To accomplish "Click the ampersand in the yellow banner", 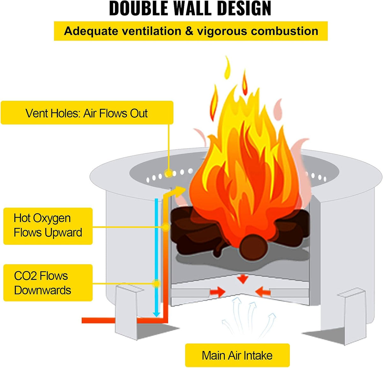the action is tap(189, 31).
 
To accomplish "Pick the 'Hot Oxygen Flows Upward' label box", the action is tap(48, 226).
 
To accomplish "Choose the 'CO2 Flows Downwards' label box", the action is tap(48, 283).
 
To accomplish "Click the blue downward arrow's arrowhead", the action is tap(156, 314).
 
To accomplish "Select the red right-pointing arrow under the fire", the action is tap(217, 291).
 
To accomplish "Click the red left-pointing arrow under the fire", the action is tap(263, 291).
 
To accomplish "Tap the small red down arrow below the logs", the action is tap(243, 279).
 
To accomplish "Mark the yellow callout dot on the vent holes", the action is tap(168, 173).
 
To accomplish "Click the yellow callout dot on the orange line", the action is tap(166, 227).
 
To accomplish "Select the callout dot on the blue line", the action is tap(157, 283).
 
